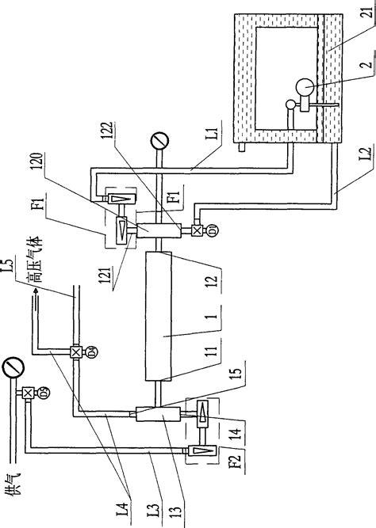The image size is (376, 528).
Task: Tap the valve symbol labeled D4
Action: [x=76, y=351]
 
